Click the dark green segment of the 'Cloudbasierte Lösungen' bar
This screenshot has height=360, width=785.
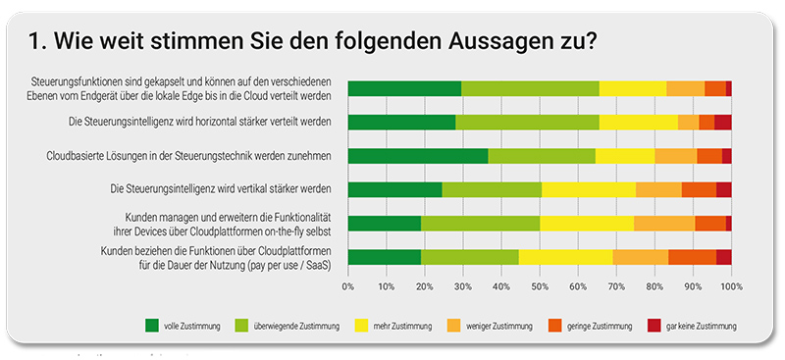pyautogui.click(x=418, y=156)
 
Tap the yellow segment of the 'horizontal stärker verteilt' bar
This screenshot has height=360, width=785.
pyautogui.click(x=639, y=122)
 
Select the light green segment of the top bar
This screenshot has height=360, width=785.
pyautogui.click(x=530, y=88)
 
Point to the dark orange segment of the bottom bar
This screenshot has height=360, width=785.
pyautogui.click(x=692, y=257)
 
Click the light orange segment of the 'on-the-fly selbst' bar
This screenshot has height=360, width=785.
pyautogui.click(x=664, y=224)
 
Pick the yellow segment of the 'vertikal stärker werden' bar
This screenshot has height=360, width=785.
pyautogui.click(x=589, y=189)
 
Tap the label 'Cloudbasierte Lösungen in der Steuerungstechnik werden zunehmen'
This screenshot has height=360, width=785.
pyautogui.click(x=189, y=155)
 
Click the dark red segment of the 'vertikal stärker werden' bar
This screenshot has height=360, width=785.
pyautogui.click(x=724, y=189)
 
